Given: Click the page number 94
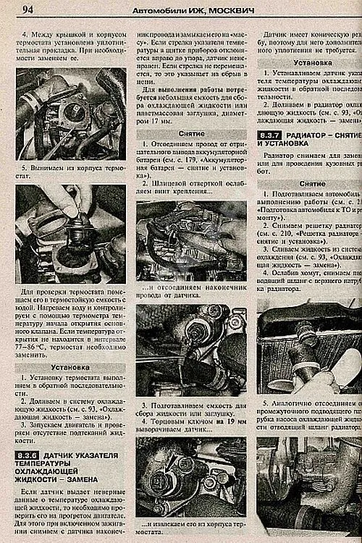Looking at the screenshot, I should tap(28, 9).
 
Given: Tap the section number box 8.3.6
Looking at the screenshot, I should tap(26, 455).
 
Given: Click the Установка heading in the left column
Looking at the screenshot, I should tap(70, 368).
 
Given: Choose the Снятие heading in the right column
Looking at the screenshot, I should tap(312, 184).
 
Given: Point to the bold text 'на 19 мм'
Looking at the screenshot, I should tap(222, 421).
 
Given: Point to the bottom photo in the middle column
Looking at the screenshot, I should tap(191, 478).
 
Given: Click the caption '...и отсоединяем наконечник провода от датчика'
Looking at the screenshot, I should tap(191, 291).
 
